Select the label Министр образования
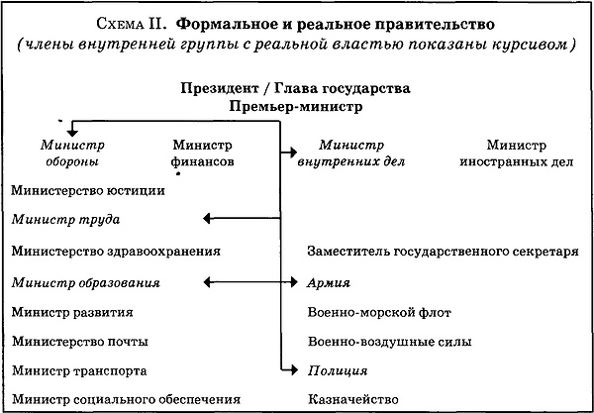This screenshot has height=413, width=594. (x=86, y=282)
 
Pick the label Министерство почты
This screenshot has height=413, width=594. (x=79, y=342)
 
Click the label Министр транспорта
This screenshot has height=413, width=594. (x=80, y=370)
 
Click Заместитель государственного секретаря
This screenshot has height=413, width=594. (x=443, y=251)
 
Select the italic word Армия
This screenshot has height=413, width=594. (x=330, y=283)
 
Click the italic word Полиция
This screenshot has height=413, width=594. (x=338, y=370)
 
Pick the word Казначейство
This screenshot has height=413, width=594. (x=352, y=400)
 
